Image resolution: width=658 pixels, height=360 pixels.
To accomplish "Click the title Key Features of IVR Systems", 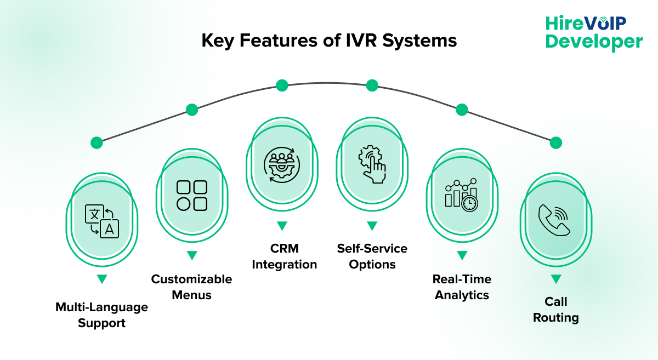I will (x=329, y=41).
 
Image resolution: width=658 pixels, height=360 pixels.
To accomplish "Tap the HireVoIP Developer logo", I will (x=594, y=32).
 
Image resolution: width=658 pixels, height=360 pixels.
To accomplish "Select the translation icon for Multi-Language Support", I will (x=101, y=221).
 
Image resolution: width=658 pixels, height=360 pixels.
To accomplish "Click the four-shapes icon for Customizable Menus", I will (x=191, y=196).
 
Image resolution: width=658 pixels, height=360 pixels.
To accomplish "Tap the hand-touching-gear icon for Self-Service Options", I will (x=372, y=164).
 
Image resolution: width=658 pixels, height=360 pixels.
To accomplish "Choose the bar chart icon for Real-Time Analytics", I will (x=461, y=196).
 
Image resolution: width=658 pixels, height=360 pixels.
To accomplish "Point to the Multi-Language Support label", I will (x=101, y=315).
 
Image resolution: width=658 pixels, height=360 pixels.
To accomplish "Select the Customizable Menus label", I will (x=191, y=287).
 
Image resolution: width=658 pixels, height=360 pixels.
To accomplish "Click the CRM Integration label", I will (x=284, y=256).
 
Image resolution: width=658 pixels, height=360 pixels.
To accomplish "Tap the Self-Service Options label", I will (x=372, y=256).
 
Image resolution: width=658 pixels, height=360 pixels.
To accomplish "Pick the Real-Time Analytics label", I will (x=462, y=287).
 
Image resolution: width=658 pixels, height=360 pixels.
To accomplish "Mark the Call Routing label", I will (x=555, y=310).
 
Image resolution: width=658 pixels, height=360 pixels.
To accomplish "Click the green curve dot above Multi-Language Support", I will (x=97, y=143).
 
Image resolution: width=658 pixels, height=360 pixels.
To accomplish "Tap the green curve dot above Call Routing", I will (x=555, y=143).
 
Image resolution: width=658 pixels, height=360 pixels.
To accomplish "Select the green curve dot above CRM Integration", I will (x=282, y=85).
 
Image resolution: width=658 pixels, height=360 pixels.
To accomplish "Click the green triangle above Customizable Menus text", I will (x=191, y=255).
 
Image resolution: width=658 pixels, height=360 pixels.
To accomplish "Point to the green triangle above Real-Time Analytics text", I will (x=462, y=255).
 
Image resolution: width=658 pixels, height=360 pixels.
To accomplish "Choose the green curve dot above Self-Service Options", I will (x=372, y=85).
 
